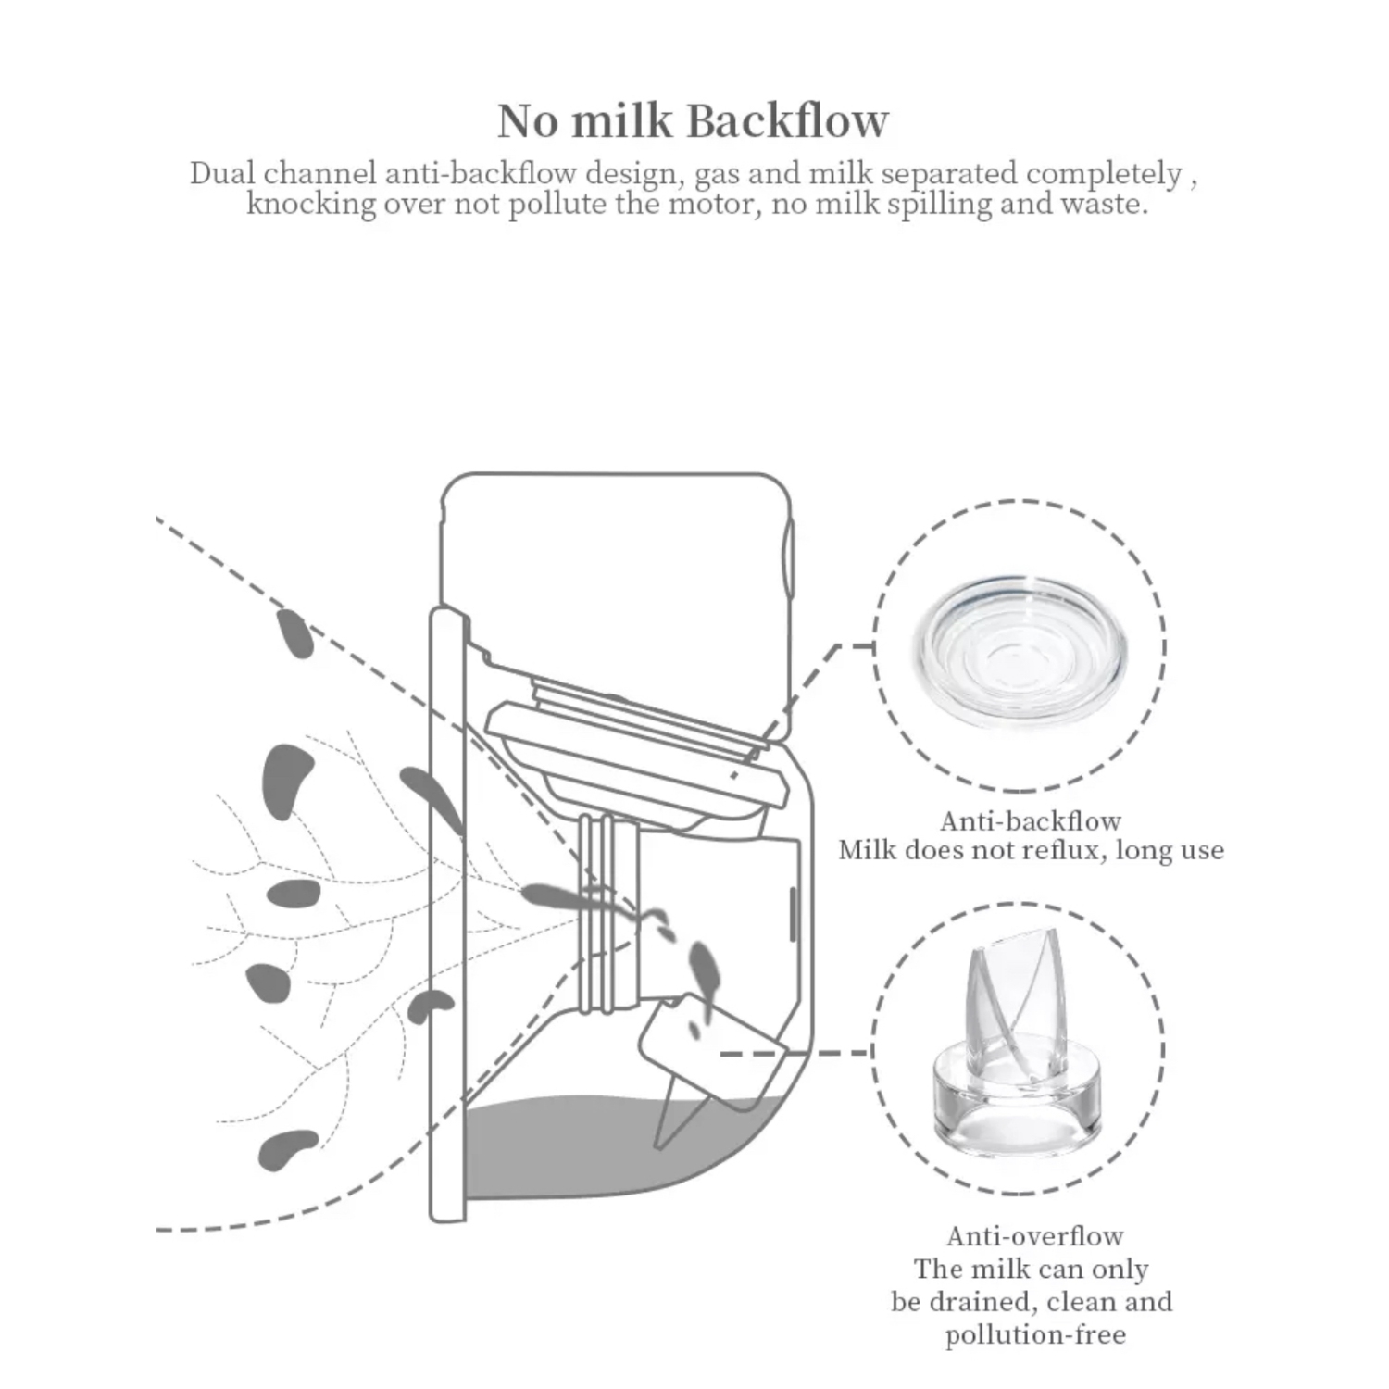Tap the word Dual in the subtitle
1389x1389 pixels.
pos(222,173)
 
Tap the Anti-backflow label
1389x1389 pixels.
pos(1031,820)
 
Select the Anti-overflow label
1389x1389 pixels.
pos(1034,1235)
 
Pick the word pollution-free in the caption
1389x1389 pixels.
pos(1035,1334)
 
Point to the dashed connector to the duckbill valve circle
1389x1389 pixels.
pos(795,1053)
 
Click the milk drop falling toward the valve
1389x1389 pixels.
pos(704,968)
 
